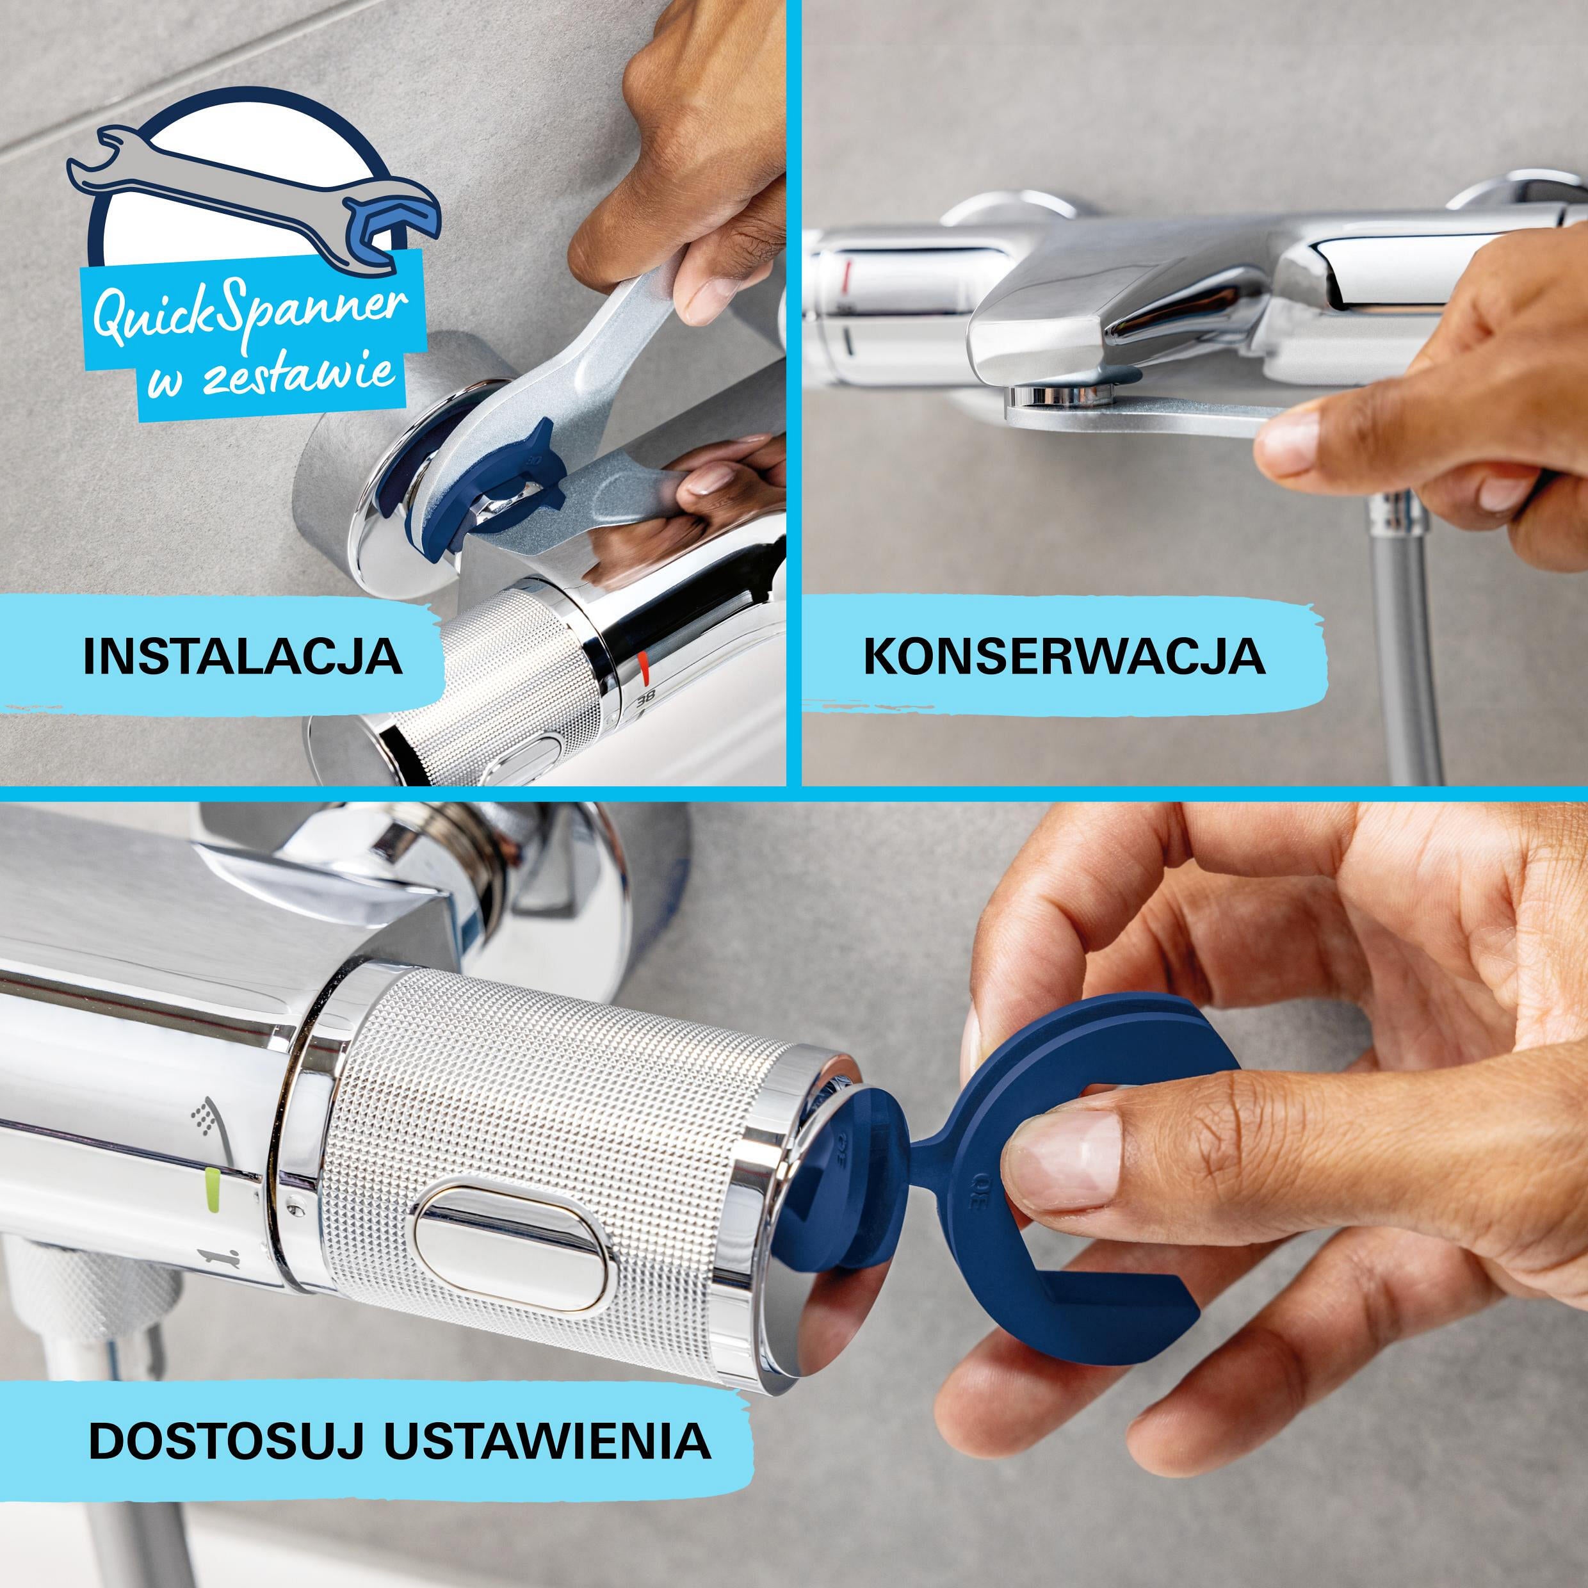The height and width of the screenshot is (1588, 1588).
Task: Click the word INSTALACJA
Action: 243,655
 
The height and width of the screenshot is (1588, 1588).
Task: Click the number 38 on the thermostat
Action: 647,699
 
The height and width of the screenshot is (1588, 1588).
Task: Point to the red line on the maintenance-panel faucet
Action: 847,269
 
